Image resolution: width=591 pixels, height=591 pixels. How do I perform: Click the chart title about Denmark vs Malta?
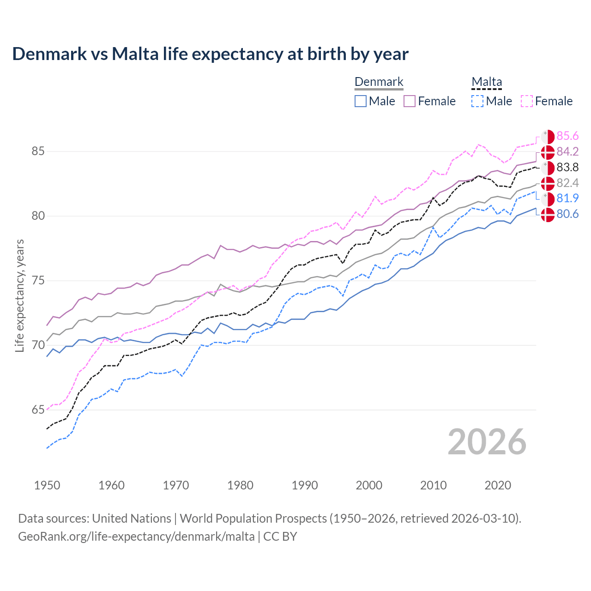point(210,54)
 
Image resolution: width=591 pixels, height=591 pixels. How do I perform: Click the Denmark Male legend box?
point(361,101)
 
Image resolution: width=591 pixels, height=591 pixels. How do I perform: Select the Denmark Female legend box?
point(410,101)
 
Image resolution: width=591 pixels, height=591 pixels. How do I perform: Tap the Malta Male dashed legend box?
point(477,101)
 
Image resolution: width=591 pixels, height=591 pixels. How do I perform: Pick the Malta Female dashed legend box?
point(527,101)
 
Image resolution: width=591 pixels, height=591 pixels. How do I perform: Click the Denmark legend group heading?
point(379,82)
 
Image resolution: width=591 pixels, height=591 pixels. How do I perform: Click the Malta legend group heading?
point(487,82)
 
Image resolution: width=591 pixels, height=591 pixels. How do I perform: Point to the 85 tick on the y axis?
point(38,151)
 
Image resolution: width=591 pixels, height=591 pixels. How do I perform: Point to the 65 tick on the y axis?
point(38,410)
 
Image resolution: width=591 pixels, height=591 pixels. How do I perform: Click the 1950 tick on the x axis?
point(47,485)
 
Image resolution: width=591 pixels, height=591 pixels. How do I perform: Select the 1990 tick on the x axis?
point(305,485)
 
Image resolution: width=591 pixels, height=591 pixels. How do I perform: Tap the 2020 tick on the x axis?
point(498,485)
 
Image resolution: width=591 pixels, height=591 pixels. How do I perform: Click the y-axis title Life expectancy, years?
point(19,295)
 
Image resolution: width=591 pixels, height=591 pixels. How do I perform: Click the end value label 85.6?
point(567,136)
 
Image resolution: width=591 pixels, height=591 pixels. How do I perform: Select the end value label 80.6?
point(567,214)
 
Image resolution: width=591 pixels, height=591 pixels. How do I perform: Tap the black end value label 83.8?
point(567,167)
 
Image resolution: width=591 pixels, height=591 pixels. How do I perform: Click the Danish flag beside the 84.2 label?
point(548,152)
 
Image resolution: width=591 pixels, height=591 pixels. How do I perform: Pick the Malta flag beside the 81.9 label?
point(548,199)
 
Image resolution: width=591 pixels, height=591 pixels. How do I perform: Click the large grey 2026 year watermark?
point(487,442)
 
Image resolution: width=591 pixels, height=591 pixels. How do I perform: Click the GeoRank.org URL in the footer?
point(136,537)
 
